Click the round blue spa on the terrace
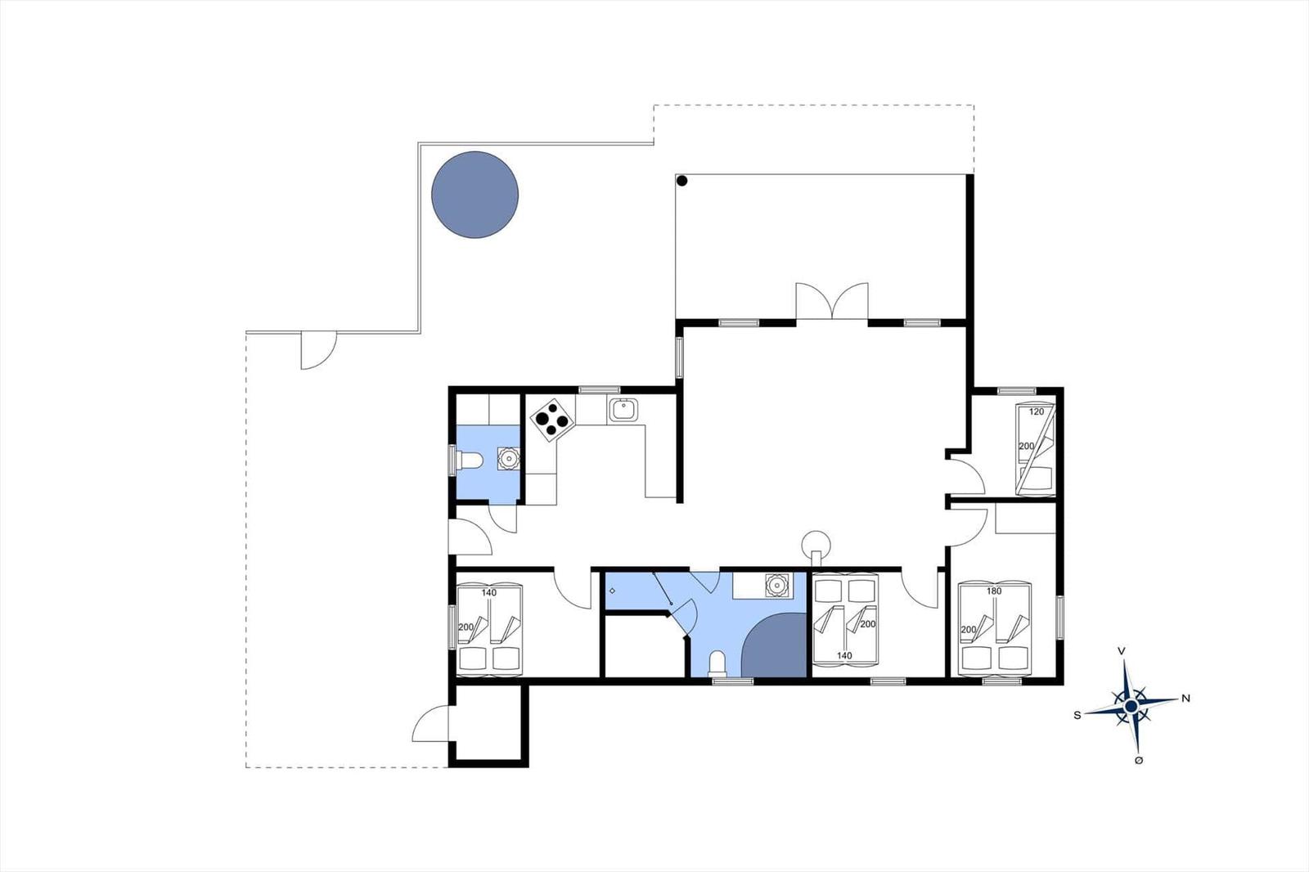coord(475,195)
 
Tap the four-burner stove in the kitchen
coord(552,419)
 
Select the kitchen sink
coord(623,410)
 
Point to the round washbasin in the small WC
coord(508,459)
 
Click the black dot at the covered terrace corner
coord(681,181)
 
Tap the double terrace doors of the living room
coord(831,301)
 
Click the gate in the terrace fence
coord(318,351)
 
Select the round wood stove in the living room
coord(816,547)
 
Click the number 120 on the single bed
coord(1036,411)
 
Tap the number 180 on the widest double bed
coord(994,591)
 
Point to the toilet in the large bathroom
coord(717,664)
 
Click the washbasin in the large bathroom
coord(776,584)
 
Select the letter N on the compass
coord(1185,698)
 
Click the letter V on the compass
coord(1122,650)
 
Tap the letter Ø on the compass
coord(1138,760)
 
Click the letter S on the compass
coord(1077,715)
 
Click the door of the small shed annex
coord(430,724)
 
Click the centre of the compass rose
coord(1131,707)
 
